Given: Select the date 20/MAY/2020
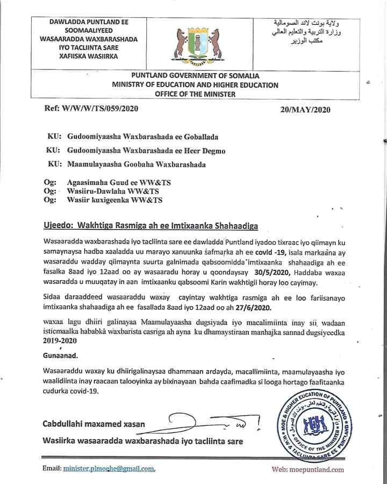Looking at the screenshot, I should click(x=305, y=109).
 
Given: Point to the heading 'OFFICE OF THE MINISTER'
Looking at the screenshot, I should click(x=195, y=94).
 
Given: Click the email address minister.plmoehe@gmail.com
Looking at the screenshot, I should click(x=109, y=469).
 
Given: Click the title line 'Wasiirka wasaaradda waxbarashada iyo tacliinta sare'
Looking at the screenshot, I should click(x=142, y=441).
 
